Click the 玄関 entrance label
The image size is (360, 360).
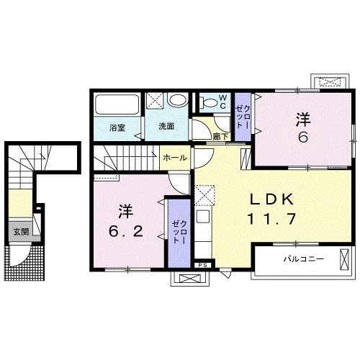21,232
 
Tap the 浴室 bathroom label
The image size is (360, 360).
117,128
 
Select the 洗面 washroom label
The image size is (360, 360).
166,127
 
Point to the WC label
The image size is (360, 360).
222,102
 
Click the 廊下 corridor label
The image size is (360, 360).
220,137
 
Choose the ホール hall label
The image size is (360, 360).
175,158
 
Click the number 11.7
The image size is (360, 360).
271,219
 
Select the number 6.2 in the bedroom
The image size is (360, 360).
126,232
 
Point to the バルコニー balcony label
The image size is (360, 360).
304,259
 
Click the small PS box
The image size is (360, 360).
203,265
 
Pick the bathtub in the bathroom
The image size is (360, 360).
117,105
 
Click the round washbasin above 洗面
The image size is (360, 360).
178,100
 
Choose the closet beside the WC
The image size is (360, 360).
243,117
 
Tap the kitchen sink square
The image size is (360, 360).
203,217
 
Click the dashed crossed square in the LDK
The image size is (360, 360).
204,195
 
